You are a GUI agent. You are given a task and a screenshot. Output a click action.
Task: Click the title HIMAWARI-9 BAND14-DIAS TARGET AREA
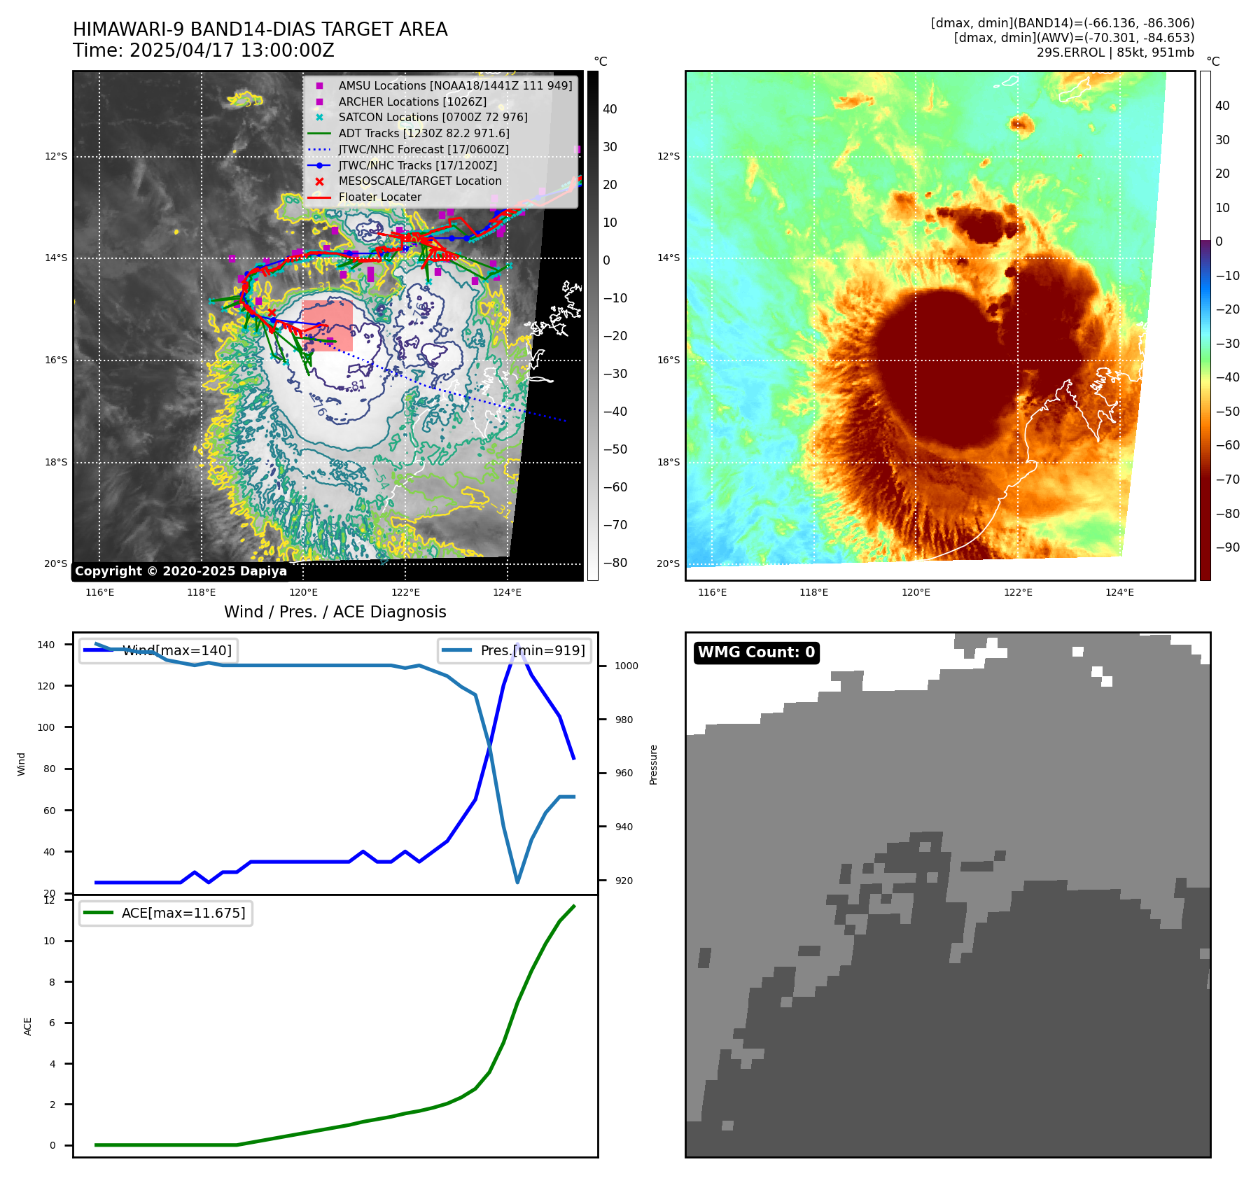[x=260, y=29]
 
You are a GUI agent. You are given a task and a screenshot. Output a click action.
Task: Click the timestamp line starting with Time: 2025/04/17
[x=204, y=50]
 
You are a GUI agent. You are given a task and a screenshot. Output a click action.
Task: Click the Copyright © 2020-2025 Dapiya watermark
[x=181, y=571]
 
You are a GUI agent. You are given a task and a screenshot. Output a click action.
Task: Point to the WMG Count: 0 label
[x=756, y=652]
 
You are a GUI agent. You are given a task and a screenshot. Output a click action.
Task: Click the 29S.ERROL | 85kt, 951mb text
[x=1115, y=52]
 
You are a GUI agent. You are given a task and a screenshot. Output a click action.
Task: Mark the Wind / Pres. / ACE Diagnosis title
[x=335, y=612]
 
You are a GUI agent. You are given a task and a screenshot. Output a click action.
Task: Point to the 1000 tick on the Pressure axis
[x=626, y=666]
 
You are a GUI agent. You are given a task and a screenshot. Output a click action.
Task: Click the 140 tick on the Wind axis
[x=46, y=645]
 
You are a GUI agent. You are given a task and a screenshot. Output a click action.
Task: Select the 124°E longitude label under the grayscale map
[x=507, y=593]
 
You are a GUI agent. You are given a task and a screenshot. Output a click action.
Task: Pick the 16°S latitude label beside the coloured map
[x=668, y=360]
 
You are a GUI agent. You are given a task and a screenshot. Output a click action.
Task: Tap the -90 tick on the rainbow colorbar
[x=1227, y=547]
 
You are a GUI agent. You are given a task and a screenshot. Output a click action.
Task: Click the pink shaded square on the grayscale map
[x=328, y=325]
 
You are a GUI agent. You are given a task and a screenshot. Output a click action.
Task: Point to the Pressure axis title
[x=653, y=764]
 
